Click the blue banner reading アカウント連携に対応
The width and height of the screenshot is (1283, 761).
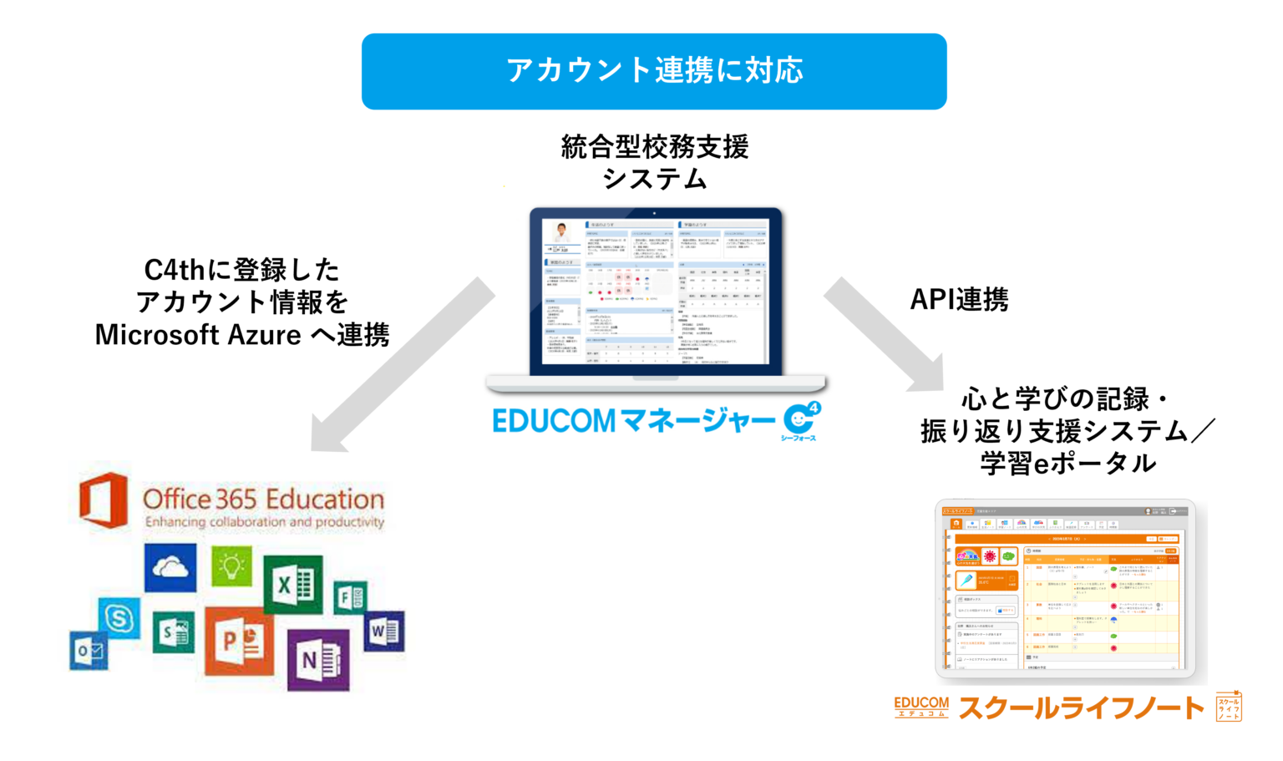tap(654, 71)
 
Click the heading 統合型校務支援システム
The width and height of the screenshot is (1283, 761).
tap(654, 162)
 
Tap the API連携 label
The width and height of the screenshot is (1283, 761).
tap(959, 299)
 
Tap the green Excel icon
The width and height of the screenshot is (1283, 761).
tap(293, 583)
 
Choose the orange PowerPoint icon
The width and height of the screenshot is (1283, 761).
tap(239, 640)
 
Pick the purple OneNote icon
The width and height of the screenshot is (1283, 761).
tap(317, 659)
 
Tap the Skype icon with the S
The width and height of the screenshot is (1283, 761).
tap(119, 618)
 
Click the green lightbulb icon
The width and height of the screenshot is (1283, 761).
tap(231, 567)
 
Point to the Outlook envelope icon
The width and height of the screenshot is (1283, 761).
tap(89, 651)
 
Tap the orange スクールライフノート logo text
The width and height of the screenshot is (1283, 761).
tap(1081, 708)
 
